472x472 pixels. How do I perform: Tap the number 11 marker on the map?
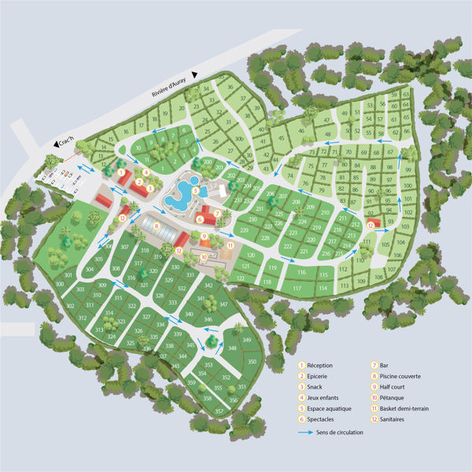click(229, 245)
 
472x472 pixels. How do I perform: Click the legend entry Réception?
click(320, 366)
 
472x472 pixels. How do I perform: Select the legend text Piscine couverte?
click(401, 376)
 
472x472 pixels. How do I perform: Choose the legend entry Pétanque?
click(394, 398)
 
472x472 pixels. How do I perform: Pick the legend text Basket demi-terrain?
click(408, 409)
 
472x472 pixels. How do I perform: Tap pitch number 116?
click(301, 272)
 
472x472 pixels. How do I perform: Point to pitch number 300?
click(60, 284)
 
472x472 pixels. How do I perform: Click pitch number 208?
click(296, 202)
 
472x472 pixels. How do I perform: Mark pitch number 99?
click(408, 171)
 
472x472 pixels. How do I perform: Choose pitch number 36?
click(230, 88)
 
